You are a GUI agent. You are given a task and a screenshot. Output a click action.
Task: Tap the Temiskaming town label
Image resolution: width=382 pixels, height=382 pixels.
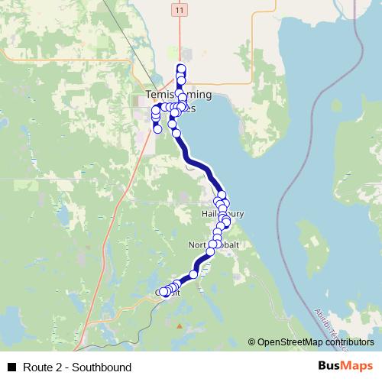pyautogui.click(x=178, y=95)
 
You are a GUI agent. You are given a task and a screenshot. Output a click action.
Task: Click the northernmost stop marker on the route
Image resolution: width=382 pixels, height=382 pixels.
pyautogui.click(x=181, y=68)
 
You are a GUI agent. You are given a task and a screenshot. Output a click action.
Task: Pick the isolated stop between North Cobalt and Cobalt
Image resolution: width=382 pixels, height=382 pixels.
pyautogui.click(x=194, y=274)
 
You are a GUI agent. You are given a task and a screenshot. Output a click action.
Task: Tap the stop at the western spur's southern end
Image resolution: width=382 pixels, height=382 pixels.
pyautogui.click(x=157, y=129)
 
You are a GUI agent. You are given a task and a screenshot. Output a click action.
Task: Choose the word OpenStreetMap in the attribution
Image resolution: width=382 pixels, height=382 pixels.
pyautogui.click(x=290, y=342)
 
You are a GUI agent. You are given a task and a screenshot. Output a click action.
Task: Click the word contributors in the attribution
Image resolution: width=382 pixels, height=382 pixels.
pyautogui.click(x=348, y=342)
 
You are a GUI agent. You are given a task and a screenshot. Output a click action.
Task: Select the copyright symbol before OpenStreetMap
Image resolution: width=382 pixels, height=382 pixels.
pyautogui.click(x=251, y=342)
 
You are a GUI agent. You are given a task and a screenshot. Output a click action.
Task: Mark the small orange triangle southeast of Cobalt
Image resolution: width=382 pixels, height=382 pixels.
pyautogui.click(x=180, y=326)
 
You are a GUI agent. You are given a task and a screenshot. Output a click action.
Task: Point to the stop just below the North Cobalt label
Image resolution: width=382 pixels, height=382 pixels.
pyautogui.click(x=211, y=251)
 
